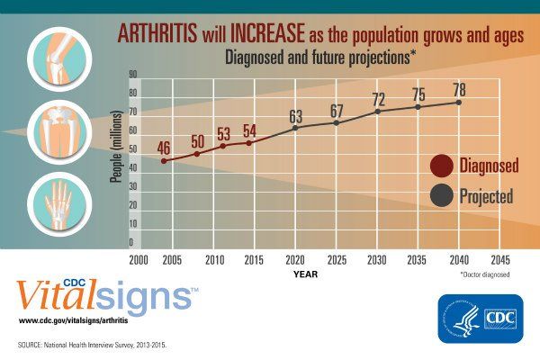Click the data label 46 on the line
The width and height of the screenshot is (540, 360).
[164, 148]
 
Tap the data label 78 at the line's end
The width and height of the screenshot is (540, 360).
[459, 90]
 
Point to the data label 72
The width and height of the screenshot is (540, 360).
[379, 98]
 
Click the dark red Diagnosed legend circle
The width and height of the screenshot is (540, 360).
[441, 166]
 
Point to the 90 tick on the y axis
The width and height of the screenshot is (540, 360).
[133, 74]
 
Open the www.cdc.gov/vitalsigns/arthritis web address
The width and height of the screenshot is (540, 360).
[76, 320]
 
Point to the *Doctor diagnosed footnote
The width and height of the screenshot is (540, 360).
[484, 274]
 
